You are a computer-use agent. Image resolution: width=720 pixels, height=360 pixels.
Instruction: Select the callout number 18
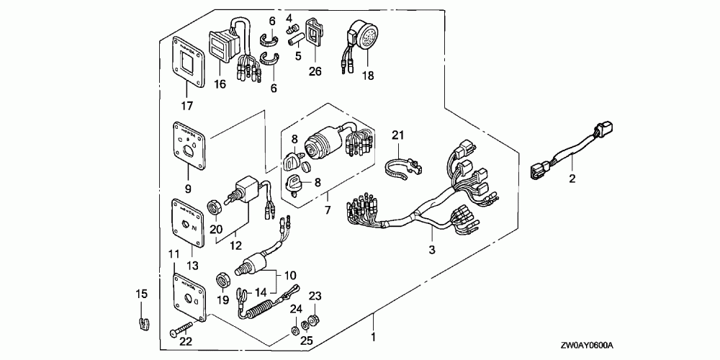pyautogui.click(x=368, y=75)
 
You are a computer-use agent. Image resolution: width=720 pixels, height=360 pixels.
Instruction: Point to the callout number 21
pyautogui.click(x=400, y=135)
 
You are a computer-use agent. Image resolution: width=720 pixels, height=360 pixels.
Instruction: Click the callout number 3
pyautogui.click(x=432, y=250)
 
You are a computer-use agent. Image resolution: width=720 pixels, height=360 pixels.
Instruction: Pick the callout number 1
pyautogui.click(x=372, y=337)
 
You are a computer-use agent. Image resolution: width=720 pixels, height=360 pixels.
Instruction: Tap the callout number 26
pyautogui.click(x=315, y=71)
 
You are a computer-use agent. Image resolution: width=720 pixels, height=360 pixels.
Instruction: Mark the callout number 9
pyautogui.click(x=188, y=189)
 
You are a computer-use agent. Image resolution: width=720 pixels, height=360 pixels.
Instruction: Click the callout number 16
pyautogui.click(x=219, y=84)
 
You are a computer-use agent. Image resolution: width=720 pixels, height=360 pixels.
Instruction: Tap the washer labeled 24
pyautogui.click(x=296, y=331)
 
